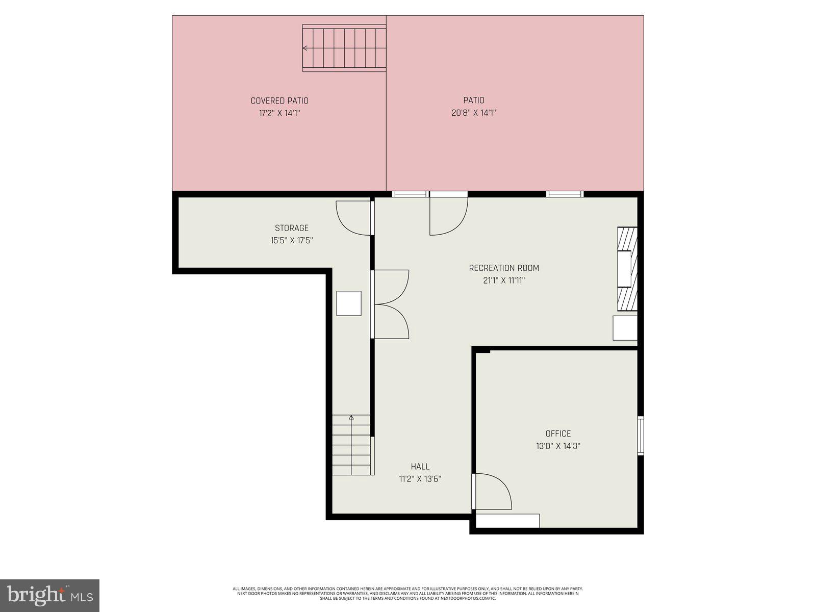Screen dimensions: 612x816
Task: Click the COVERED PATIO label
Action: click(279, 101)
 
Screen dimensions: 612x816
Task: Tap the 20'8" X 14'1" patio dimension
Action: click(474, 113)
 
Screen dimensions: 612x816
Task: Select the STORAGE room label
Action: click(292, 228)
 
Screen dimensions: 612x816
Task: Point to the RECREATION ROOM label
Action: click(504, 268)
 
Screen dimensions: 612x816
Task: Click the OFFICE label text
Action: click(558, 433)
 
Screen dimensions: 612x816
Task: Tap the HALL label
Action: click(420, 466)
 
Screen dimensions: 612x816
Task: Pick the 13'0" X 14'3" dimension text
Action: click(558, 446)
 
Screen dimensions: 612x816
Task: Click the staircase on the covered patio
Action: click(344, 49)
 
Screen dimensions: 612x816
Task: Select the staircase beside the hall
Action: click(351, 445)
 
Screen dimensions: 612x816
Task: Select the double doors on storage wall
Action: click(391, 304)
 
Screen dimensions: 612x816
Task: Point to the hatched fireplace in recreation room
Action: click(627, 269)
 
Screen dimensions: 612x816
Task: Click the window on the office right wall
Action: click(641, 435)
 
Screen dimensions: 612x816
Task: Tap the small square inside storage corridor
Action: click(349, 303)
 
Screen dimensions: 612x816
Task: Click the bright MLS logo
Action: click(49, 595)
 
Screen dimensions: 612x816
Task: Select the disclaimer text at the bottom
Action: click(408, 593)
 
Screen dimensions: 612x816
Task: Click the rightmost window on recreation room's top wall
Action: click(565, 194)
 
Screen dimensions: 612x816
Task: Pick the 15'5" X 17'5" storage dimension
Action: click(292, 241)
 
